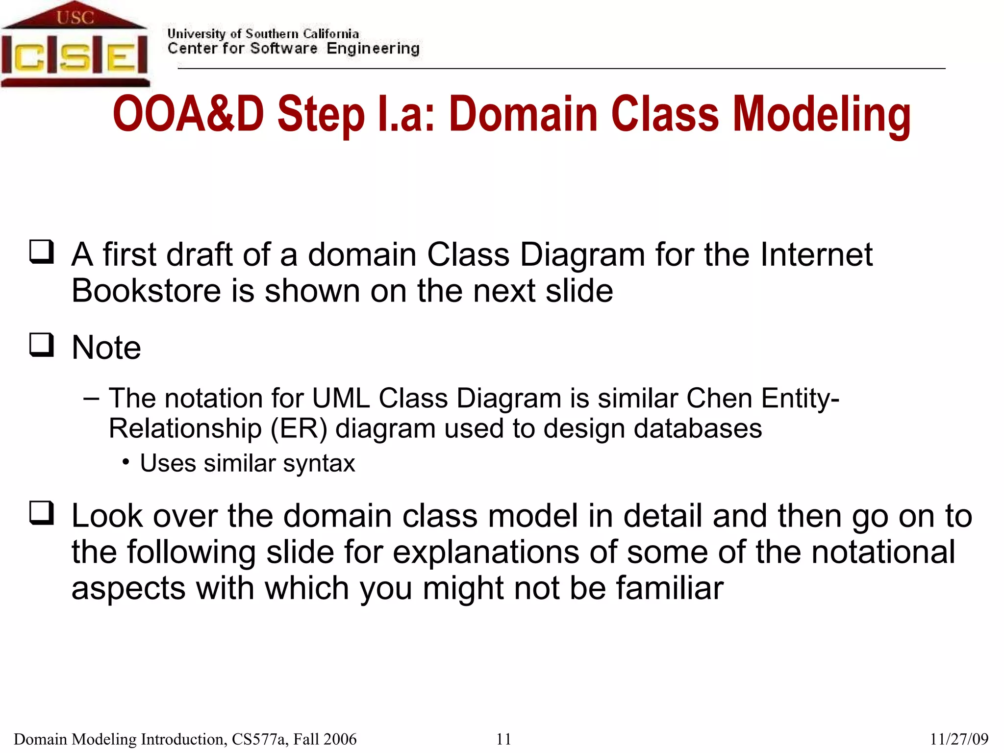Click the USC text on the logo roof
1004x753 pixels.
click(75, 18)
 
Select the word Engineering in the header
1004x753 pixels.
click(373, 49)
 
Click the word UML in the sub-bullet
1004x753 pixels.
click(341, 398)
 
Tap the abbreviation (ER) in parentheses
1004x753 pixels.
click(299, 428)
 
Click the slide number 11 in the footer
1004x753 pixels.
click(503, 739)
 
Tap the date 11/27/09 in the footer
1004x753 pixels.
click(959, 739)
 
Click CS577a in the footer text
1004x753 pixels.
click(260, 739)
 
